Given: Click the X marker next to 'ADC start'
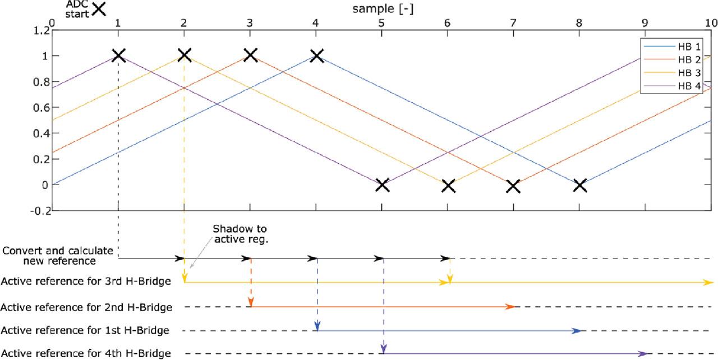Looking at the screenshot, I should coord(99,8).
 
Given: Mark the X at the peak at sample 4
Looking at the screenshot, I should coord(316,56).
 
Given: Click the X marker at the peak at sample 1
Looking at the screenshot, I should coord(118,56).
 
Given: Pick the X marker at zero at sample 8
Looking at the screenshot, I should coord(579,184).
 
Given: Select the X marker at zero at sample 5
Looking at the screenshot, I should coord(382,184).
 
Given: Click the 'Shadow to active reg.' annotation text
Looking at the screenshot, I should coord(240,234).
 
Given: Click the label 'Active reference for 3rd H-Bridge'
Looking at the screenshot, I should coord(86,281).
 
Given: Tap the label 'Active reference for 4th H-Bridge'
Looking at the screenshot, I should coord(86,353).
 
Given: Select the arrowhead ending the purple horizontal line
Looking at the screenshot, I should coord(643,353).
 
